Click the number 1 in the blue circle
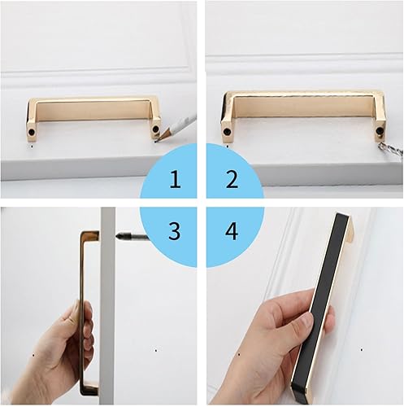point(176,179)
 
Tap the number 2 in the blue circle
point(232,179)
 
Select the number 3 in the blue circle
point(175,230)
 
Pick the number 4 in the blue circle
point(232,231)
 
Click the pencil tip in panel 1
point(156,141)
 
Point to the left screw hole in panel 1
point(32,131)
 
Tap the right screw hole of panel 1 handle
point(155,129)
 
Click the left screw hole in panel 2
point(227,132)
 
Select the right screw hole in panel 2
point(380,131)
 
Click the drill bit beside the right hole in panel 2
point(390,150)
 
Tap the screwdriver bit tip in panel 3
point(117,236)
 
